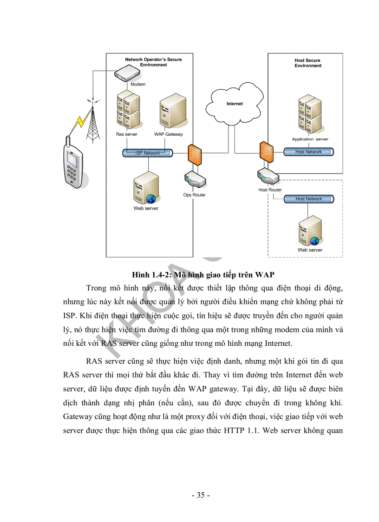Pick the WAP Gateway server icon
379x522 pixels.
[169, 113]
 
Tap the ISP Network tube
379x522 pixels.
[148, 152]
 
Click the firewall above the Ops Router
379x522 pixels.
[194, 153]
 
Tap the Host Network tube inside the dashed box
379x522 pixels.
[308, 199]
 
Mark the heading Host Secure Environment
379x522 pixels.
[307, 63]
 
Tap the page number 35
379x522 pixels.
[201, 495]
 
